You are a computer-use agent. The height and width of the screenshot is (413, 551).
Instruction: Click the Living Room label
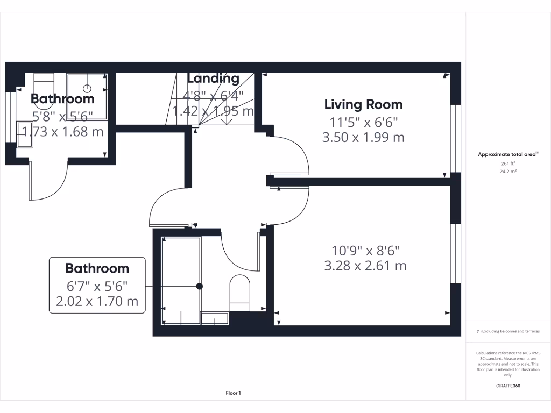click(x=363, y=104)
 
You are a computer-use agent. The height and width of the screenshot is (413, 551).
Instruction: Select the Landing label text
click(x=213, y=79)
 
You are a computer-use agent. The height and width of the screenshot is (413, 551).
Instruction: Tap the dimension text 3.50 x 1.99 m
click(x=363, y=137)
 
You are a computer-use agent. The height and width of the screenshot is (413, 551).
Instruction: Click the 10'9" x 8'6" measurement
click(x=365, y=250)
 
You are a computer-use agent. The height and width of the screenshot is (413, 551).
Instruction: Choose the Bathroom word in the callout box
click(x=97, y=268)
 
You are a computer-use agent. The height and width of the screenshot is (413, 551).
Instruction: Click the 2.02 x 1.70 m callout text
click(x=97, y=301)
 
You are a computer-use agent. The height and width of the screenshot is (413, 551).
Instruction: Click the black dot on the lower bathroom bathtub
click(x=200, y=286)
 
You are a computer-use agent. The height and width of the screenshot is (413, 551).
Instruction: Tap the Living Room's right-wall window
click(x=456, y=138)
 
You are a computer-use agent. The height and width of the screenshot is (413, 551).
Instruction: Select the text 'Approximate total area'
click(x=507, y=154)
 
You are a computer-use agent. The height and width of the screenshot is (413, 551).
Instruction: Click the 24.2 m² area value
click(x=508, y=172)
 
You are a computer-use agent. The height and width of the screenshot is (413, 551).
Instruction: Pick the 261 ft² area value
click(x=508, y=163)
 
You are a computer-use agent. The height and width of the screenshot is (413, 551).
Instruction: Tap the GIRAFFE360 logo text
click(x=508, y=386)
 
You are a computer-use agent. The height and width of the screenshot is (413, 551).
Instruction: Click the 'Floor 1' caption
click(x=233, y=393)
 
